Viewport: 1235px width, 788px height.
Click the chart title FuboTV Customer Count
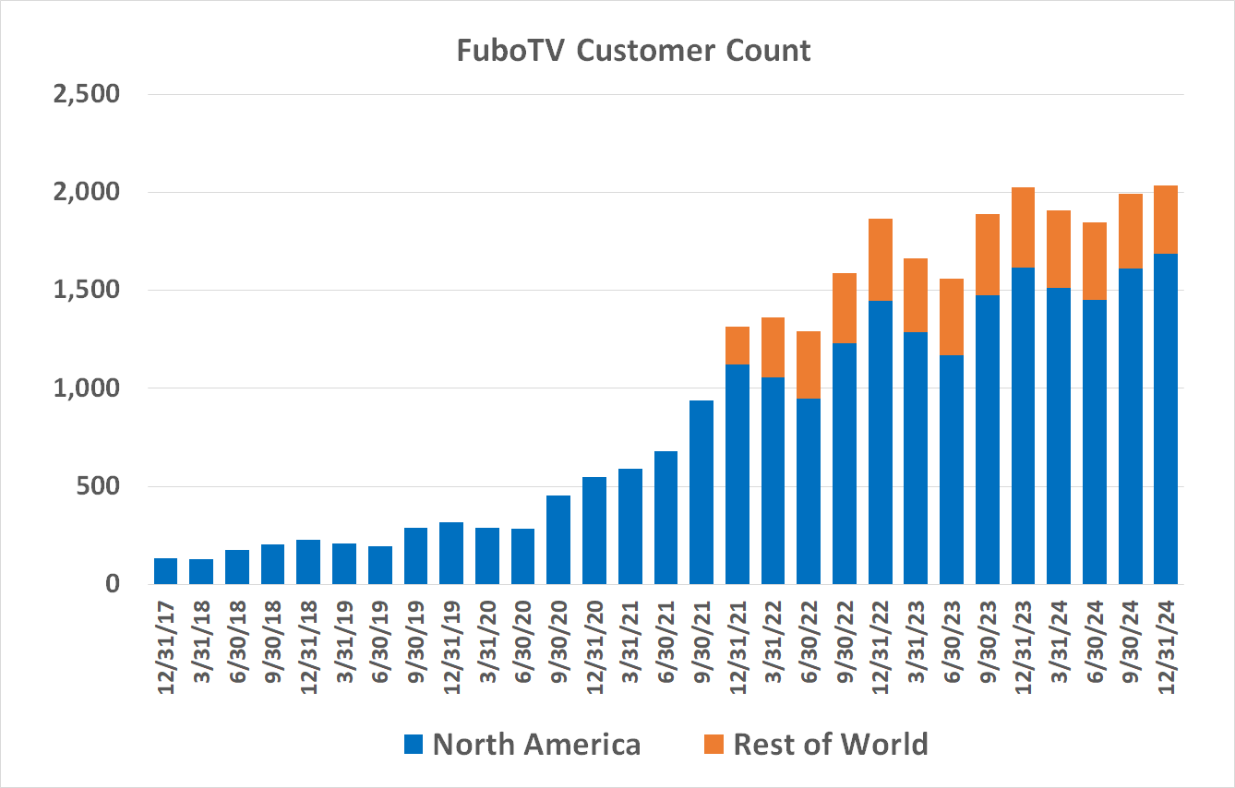tap(633, 50)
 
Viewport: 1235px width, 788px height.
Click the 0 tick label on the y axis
tap(112, 584)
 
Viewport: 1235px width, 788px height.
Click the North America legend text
tap(536, 744)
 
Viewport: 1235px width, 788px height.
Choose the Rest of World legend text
tap(830, 744)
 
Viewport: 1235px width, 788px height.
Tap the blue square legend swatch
tap(414, 745)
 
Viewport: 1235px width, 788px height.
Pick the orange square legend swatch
tap(713, 745)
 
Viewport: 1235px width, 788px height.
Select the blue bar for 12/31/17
tap(165, 571)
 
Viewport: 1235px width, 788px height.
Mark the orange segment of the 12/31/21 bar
tap(737, 345)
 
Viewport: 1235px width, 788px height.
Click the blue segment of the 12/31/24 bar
tap(1166, 419)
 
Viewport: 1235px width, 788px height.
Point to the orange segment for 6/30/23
tap(952, 316)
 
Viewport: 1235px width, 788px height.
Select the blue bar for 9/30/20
tap(558, 540)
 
